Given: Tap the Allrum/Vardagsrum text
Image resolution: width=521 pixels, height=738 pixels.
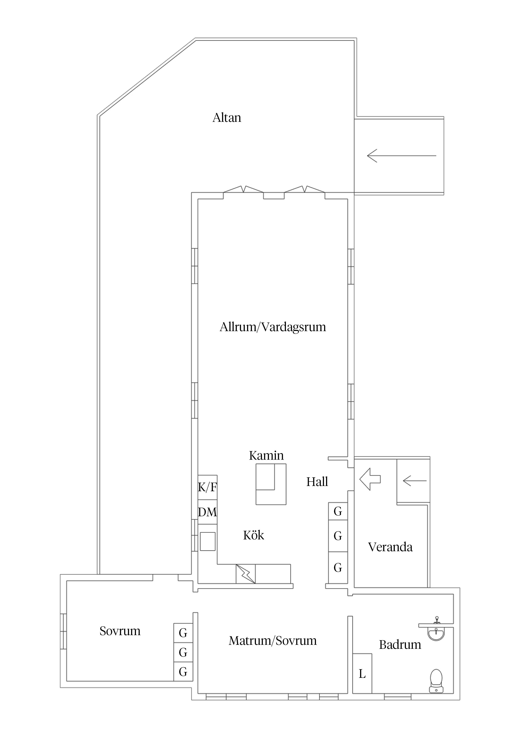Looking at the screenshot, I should [x=272, y=327].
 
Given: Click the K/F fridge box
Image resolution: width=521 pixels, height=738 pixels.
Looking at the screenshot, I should [x=207, y=487].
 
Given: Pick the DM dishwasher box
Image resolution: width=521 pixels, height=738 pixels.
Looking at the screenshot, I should [x=207, y=512].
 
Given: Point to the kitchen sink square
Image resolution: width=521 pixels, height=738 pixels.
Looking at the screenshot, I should [x=208, y=542].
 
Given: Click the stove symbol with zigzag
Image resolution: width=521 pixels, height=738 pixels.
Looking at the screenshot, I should [x=246, y=574].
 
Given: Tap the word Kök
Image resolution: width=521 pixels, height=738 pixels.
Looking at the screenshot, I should [x=253, y=535].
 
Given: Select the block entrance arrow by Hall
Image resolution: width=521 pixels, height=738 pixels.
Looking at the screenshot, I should [x=370, y=479].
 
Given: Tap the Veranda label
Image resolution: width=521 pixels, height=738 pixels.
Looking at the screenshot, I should [x=390, y=547].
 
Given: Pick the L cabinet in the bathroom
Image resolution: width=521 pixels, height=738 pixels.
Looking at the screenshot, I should [x=362, y=673].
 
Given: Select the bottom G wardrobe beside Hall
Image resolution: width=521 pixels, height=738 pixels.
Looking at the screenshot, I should [x=338, y=568].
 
